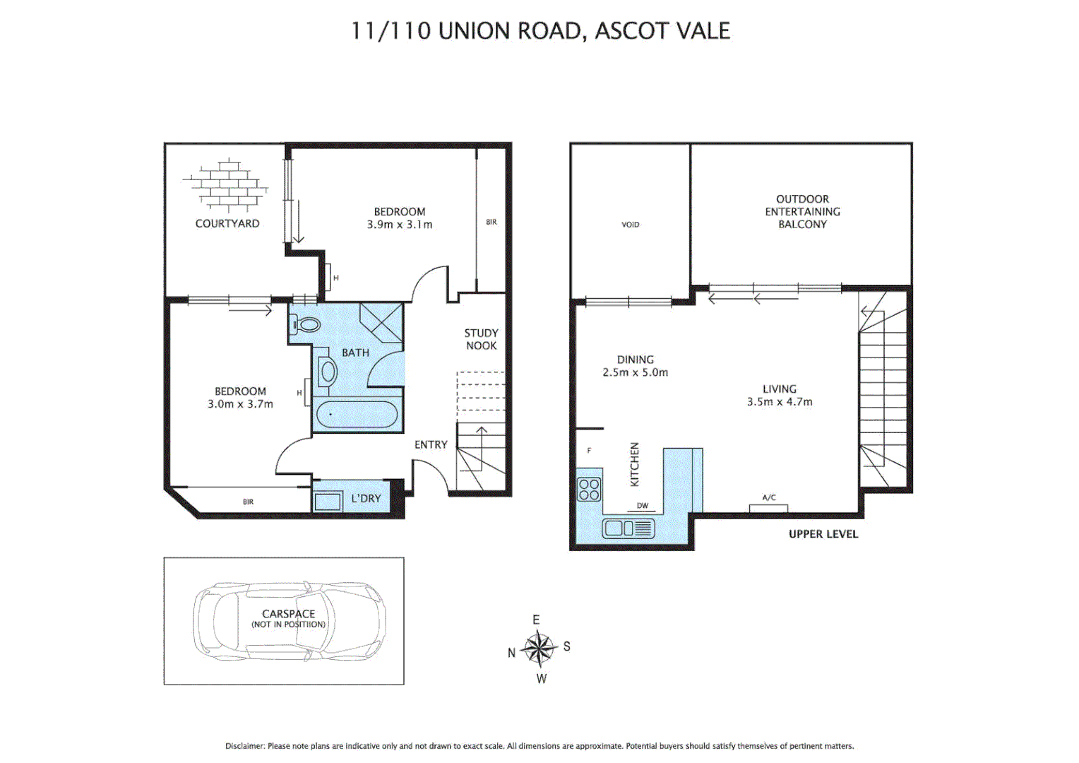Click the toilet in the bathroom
306,325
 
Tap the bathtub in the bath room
357,415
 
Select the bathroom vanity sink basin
328,372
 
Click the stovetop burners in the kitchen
589,489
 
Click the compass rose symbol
539,649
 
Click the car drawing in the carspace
290,621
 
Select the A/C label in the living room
769,498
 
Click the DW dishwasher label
643,506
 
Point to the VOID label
630,225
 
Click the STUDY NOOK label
481,339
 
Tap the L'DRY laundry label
366,499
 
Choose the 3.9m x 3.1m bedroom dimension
400,225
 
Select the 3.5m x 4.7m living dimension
780,402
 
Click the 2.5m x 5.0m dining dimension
635,372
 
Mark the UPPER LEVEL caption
823,534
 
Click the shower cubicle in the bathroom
381,323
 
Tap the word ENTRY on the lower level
431,444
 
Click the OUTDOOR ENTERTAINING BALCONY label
802,211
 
